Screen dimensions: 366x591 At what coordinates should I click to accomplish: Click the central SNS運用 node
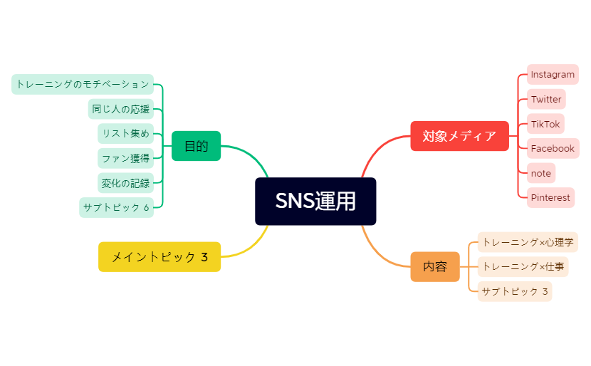(x=315, y=202)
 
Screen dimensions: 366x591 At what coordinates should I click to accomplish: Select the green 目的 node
(x=196, y=146)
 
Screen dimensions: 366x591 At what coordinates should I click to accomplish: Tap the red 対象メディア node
(x=459, y=136)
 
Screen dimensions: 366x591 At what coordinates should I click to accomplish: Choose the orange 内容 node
(x=434, y=267)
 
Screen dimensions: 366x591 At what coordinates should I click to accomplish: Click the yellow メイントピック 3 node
(x=159, y=257)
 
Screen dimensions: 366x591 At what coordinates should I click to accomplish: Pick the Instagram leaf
(x=553, y=75)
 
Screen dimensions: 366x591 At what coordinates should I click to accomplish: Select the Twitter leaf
(x=546, y=99)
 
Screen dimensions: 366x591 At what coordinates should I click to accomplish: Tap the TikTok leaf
(x=545, y=124)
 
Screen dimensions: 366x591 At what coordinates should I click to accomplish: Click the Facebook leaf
(x=553, y=148)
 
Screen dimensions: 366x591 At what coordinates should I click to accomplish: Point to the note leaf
(x=540, y=173)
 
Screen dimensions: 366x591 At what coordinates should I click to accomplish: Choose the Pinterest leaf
(x=550, y=197)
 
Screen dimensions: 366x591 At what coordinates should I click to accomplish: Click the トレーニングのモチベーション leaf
(x=83, y=84)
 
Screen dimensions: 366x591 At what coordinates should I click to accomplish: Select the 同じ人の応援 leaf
(x=120, y=109)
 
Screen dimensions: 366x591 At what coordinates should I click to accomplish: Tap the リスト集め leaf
(x=125, y=133)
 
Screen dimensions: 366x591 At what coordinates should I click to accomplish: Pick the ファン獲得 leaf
(x=125, y=158)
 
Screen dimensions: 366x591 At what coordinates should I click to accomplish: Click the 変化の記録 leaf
(x=125, y=183)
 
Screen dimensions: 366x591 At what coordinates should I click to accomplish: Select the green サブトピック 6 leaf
(x=116, y=208)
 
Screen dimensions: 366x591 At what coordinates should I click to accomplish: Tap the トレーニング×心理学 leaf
(x=527, y=242)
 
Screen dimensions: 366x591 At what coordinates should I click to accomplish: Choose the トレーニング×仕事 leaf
(x=523, y=267)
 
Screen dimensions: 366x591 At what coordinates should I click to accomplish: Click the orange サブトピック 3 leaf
(x=514, y=291)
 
